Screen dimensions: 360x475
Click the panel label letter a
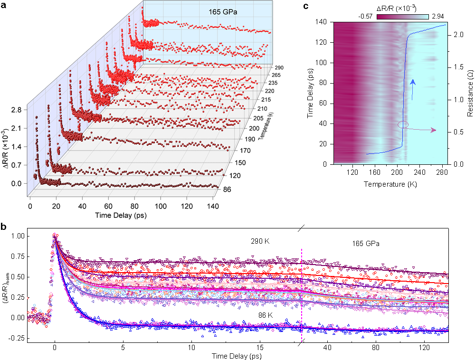(4, 6)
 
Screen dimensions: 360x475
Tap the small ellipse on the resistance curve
(402, 124)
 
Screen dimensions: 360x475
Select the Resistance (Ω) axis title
(468, 93)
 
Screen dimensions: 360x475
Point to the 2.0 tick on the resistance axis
(456, 35)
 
